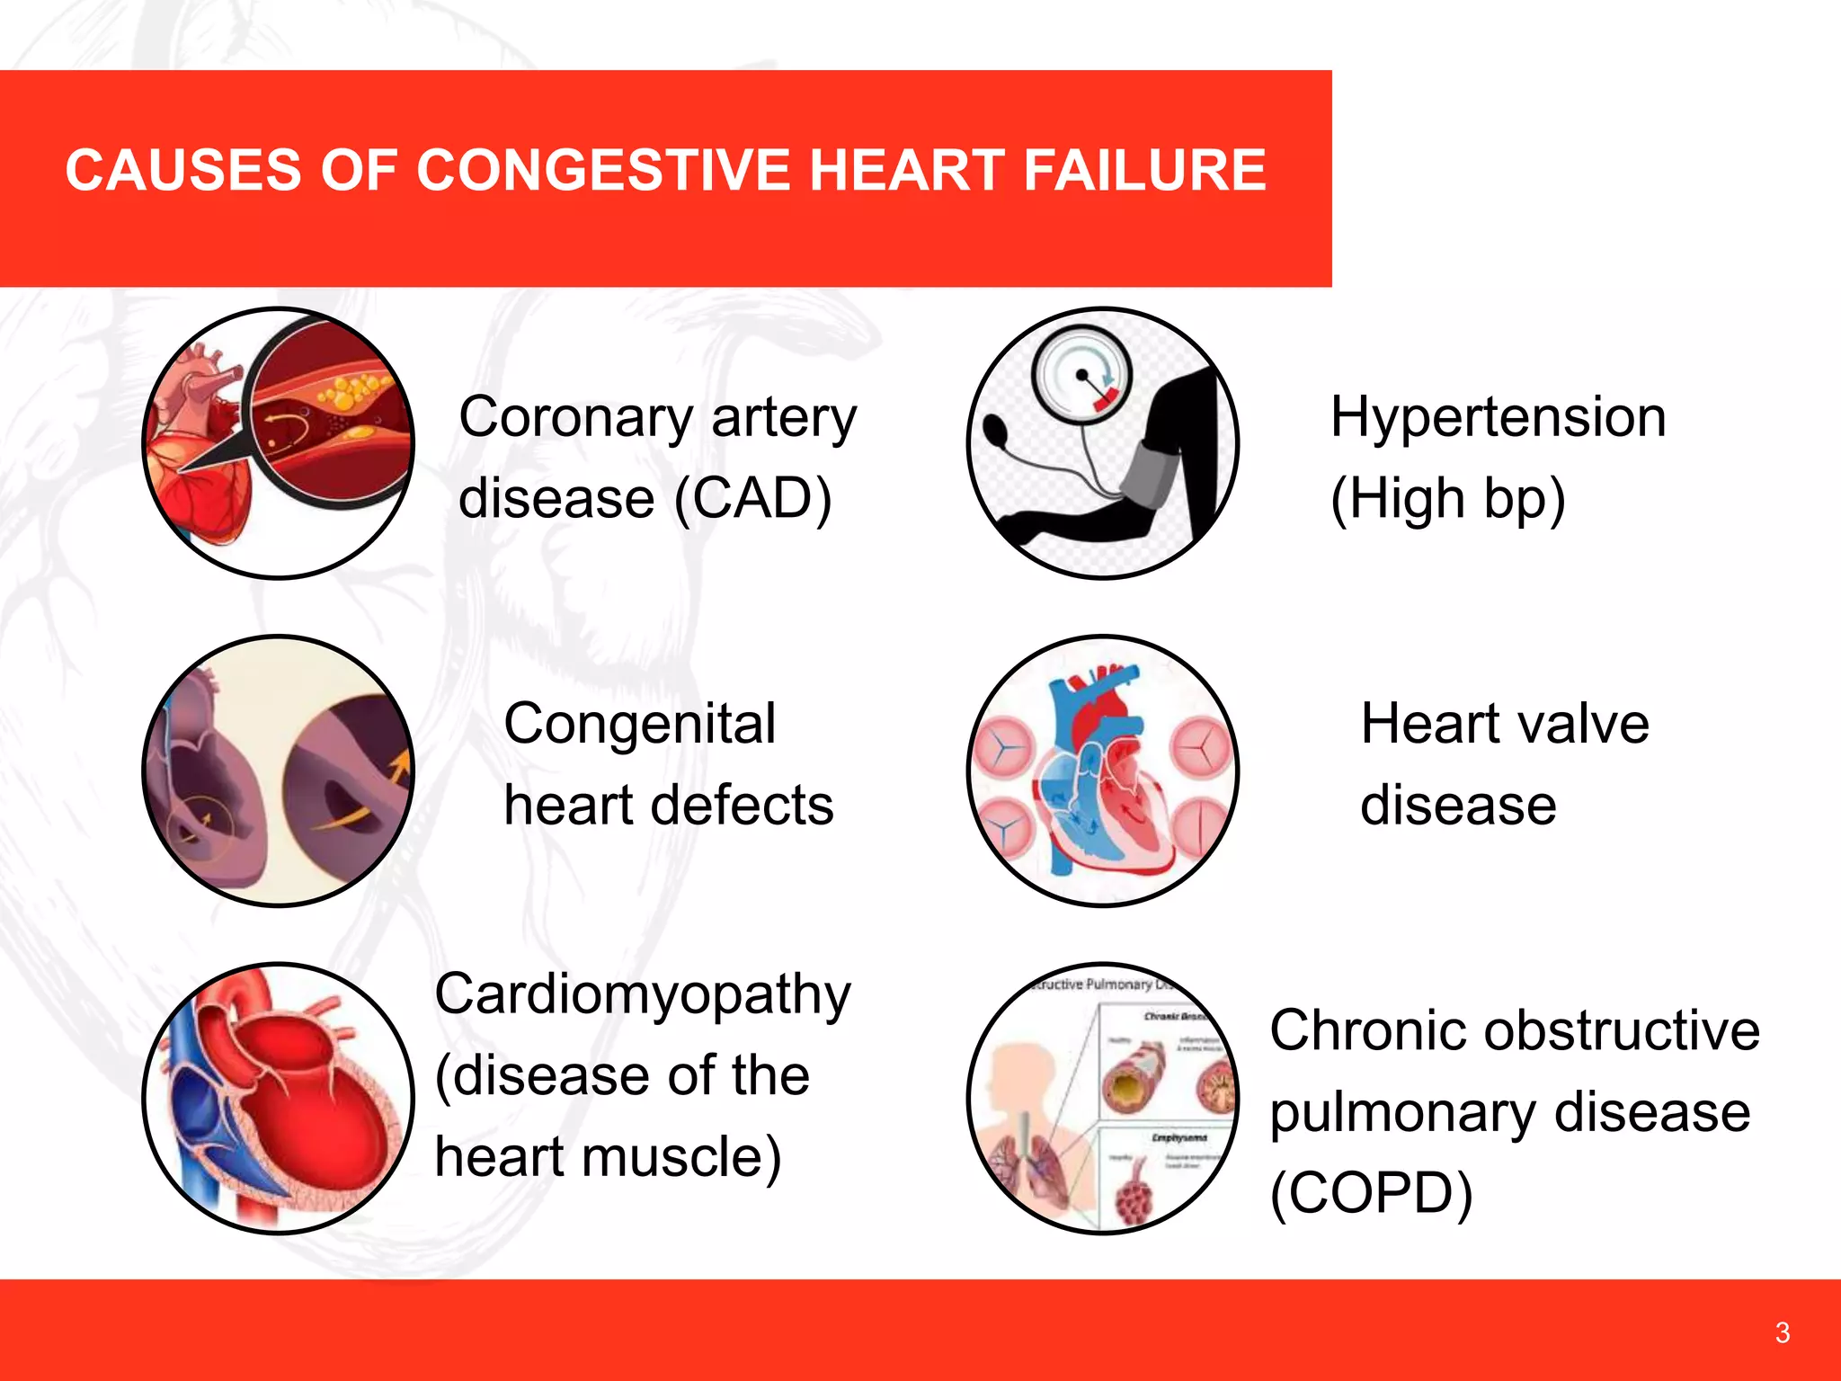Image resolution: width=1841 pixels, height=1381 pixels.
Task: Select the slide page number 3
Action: (1782, 1332)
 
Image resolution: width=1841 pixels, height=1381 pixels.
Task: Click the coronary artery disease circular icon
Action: (279, 443)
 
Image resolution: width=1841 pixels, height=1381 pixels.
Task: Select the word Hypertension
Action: (1498, 417)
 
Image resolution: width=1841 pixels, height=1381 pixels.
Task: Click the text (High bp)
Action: (1447, 498)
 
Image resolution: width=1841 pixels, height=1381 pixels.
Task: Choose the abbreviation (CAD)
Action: (752, 498)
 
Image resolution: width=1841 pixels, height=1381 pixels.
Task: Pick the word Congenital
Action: (639, 724)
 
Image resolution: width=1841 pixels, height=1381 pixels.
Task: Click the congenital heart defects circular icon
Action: (279, 771)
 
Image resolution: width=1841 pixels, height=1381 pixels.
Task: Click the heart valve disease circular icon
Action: (1103, 771)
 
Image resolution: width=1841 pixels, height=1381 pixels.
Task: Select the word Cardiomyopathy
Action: (642, 995)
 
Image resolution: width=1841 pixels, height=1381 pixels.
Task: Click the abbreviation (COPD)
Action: (1371, 1192)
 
